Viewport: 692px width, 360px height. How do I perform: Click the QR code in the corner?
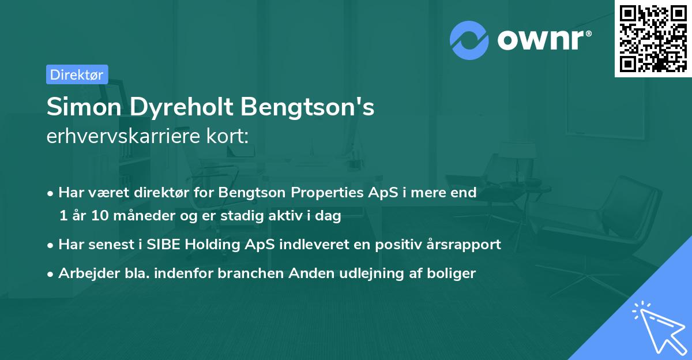[653, 38]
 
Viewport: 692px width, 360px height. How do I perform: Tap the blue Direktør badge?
[77, 74]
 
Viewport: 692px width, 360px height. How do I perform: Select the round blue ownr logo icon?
[469, 39]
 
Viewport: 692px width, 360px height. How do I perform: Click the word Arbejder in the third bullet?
[84, 273]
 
